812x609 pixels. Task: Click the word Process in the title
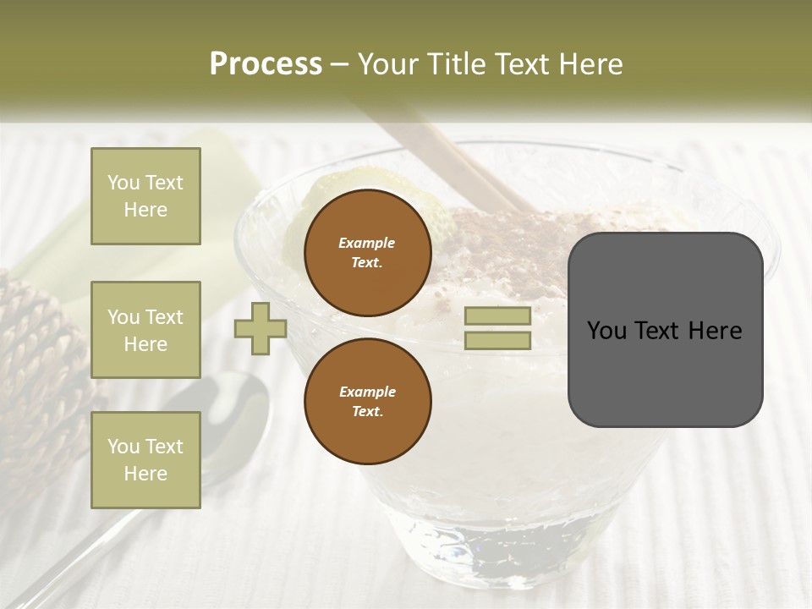click(x=266, y=64)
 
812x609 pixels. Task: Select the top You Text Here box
click(x=145, y=196)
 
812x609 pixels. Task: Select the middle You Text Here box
click(x=145, y=330)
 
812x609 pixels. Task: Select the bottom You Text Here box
click(x=145, y=460)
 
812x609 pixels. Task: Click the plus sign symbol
click(x=260, y=328)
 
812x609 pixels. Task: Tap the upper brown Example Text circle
click(x=367, y=252)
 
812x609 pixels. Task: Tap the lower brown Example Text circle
click(x=367, y=401)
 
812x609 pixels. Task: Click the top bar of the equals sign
click(x=497, y=315)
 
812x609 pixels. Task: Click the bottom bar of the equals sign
click(x=497, y=340)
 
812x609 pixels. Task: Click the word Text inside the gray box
click(x=665, y=331)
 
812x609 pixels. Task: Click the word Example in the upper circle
click(x=366, y=243)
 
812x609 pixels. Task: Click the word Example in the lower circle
click(x=367, y=392)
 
